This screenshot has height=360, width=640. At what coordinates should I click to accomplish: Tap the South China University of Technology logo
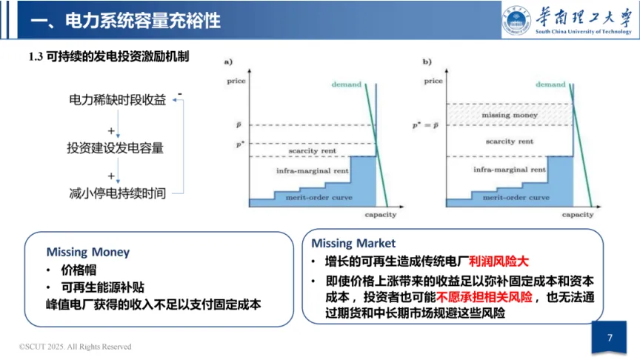pyautogui.click(x=567, y=21)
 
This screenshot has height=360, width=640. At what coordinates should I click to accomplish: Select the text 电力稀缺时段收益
pyautogui.click(x=117, y=100)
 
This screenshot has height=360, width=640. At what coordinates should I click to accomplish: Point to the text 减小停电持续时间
pyautogui.click(x=117, y=194)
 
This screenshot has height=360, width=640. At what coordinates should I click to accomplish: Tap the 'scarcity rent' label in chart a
pyautogui.click(x=312, y=150)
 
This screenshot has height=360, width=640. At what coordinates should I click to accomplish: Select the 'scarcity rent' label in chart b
pyautogui.click(x=510, y=141)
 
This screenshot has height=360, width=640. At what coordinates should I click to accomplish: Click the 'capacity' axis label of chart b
pyautogui.click(x=578, y=215)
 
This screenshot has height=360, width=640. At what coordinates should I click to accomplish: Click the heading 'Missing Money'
pyautogui.click(x=87, y=252)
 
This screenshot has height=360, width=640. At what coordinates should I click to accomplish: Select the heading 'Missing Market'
pyautogui.click(x=353, y=243)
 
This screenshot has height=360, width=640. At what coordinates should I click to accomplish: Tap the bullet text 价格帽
pyautogui.click(x=79, y=270)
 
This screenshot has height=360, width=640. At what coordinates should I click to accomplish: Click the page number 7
pyautogui.click(x=610, y=338)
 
